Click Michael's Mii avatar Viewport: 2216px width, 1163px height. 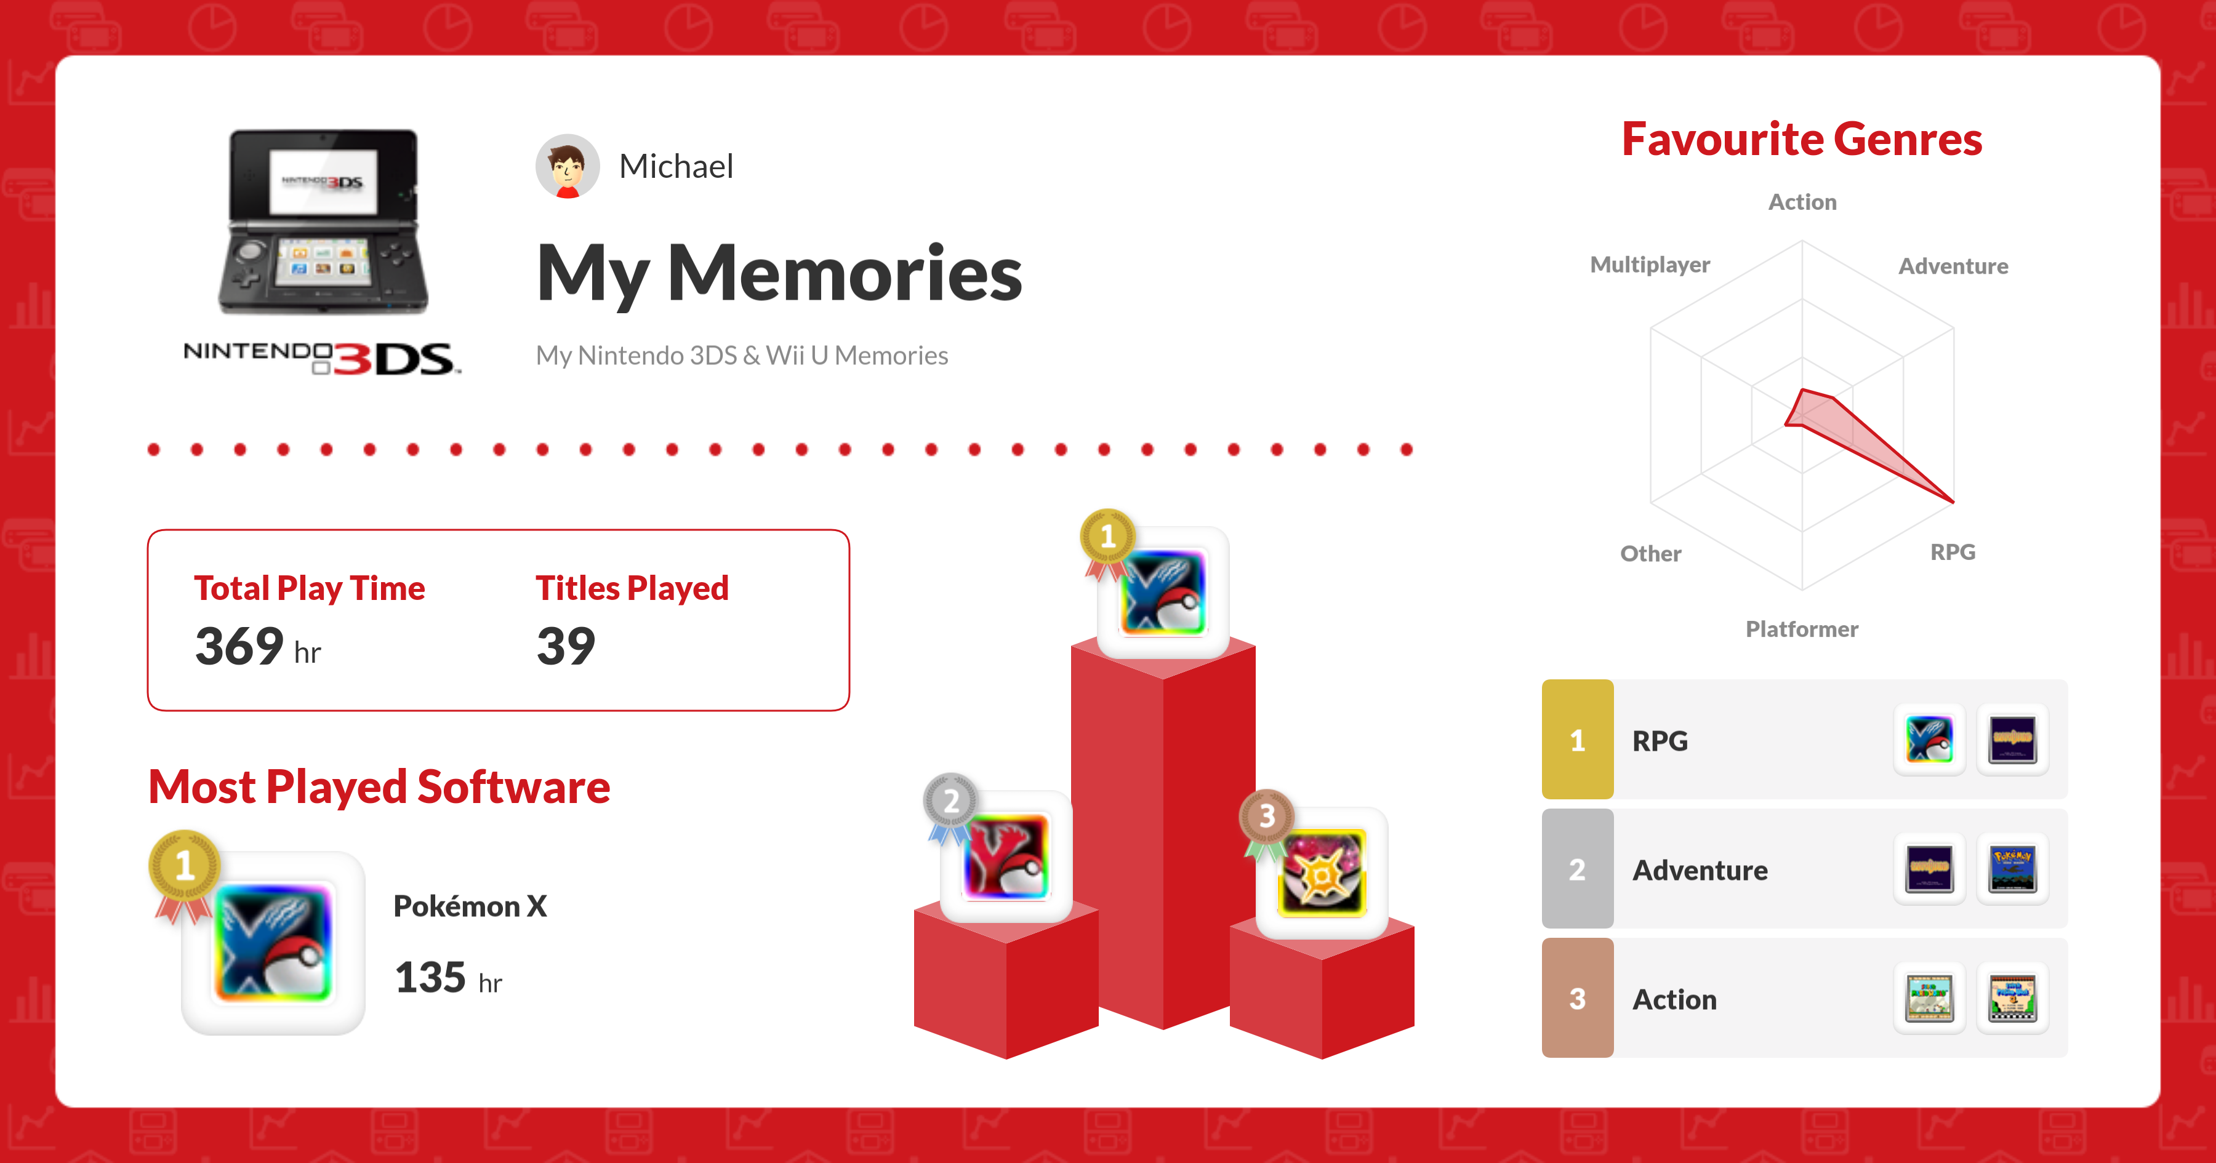[x=567, y=166]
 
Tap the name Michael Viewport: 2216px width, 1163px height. [x=676, y=166]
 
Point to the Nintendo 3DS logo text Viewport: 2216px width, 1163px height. [x=323, y=357]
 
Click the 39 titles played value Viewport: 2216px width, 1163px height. [x=566, y=646]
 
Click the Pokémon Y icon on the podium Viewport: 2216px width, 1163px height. [x=1006, y=857]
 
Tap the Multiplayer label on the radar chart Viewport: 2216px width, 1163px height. [x=1650, y=265]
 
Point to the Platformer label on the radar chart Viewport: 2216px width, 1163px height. [x=1802, y=629]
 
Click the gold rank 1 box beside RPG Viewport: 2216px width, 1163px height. [x=1578, y=740]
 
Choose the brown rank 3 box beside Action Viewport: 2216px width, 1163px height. [x=1578, y=998]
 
